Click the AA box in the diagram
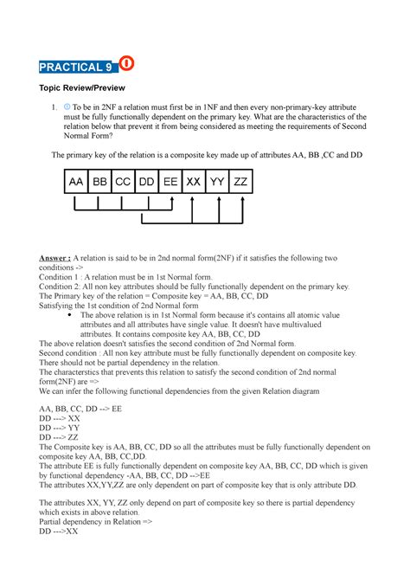(77, 182)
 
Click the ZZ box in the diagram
(243, 182)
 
